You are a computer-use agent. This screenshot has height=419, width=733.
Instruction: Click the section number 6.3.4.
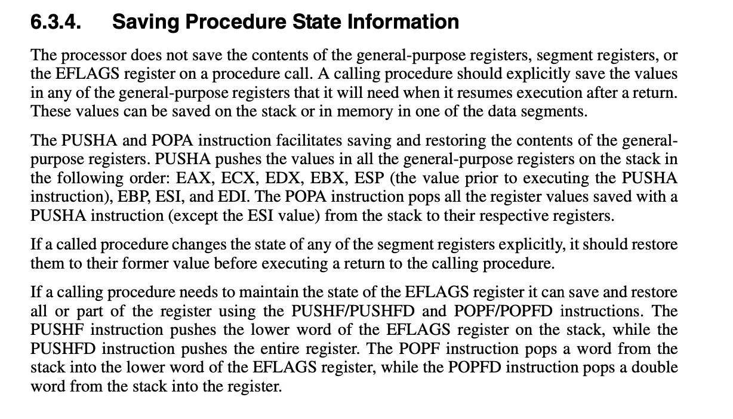[57, 22]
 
